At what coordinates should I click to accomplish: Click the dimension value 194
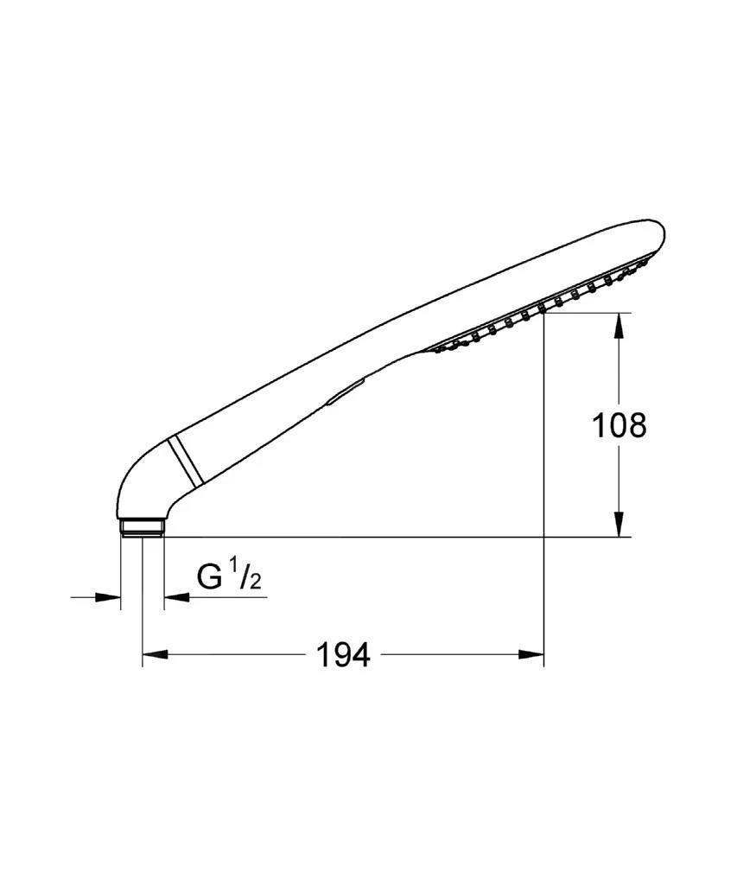click(344, 655)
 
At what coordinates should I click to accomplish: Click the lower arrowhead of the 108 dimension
click(619, 524)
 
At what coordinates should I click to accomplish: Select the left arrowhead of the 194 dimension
click(156, 654)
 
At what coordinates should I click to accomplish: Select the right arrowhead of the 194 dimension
click(531, 654)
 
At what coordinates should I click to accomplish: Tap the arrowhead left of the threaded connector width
click(108, 596)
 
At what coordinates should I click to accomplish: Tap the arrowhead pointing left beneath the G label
click(177, 596)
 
